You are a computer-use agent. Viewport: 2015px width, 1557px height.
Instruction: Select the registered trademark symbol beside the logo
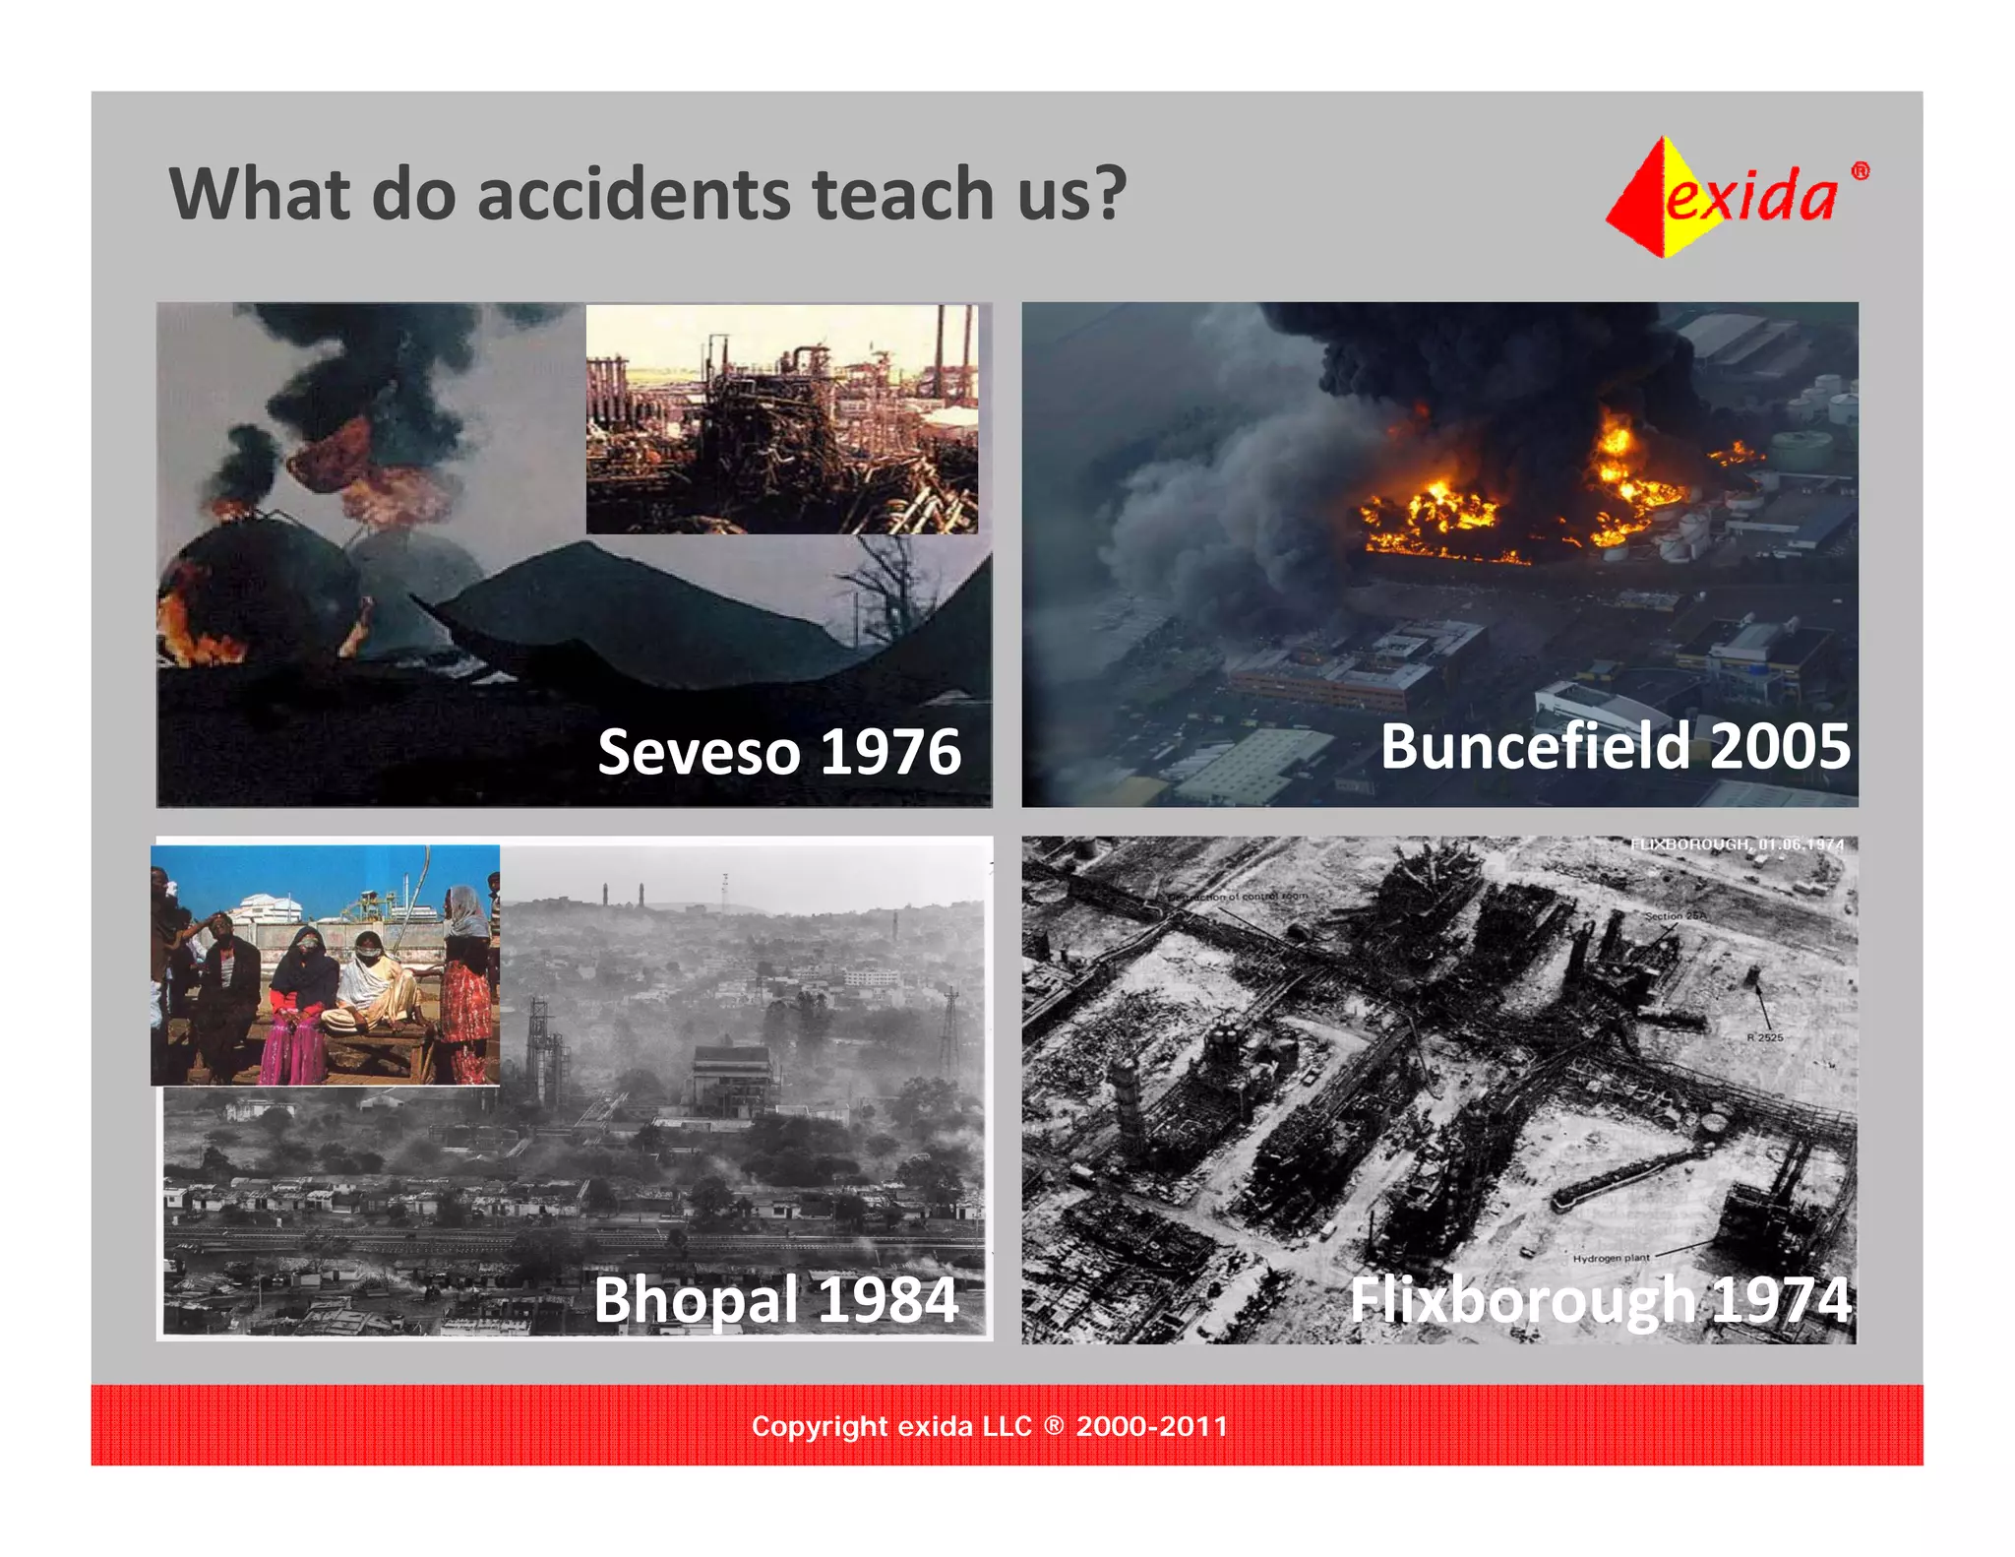point(1860,171)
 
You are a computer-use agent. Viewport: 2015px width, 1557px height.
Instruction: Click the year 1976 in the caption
point(889,753)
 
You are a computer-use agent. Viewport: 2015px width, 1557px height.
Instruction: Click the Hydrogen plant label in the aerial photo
point(1611,1258)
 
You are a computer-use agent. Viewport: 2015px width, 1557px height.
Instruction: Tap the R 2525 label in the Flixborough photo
point(1765,1037)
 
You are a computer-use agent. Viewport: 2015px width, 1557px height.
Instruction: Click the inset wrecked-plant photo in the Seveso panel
point(782,419)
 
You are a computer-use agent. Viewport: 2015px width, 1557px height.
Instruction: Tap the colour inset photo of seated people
point(325,965)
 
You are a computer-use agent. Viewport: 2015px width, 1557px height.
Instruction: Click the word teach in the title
point(903,194)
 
